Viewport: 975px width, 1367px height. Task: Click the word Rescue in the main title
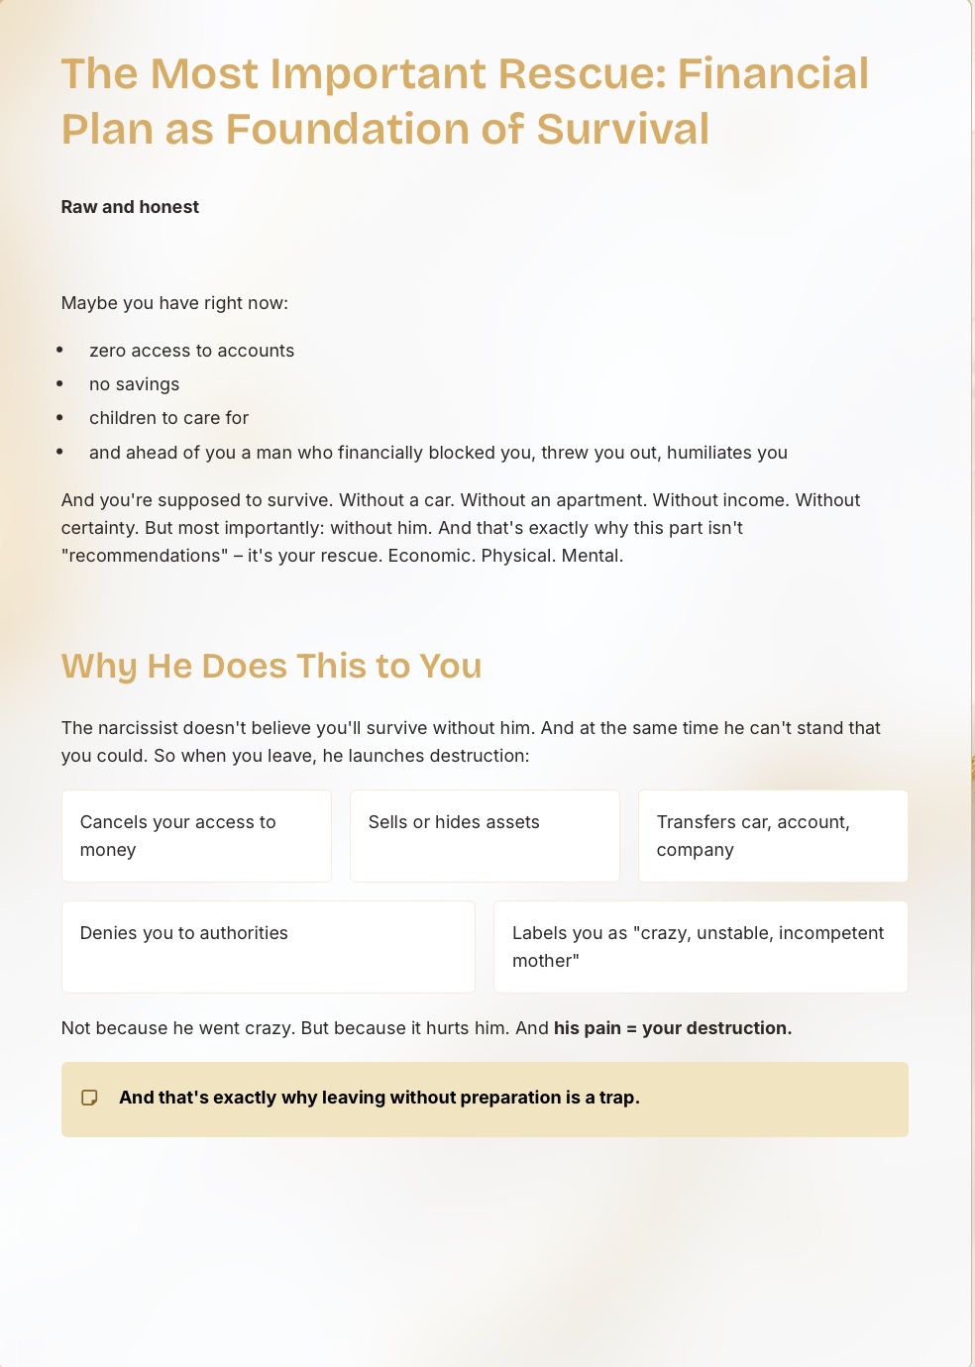pyautogui.click(x=580, y=74)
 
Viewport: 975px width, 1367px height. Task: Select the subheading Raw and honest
pyautogui.click(x=130, y=207)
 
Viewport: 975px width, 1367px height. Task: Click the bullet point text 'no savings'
pyautogui.click(x=134, y=384)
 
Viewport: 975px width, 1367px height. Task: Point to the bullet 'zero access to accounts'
pyautogui.click(x=191, y=351)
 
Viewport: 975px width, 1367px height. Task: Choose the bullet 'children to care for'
pyautogui.click(x=168, y=418)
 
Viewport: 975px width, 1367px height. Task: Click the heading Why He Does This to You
pyautogui.click(x=271, y=667)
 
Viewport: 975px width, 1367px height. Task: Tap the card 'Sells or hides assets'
pyautogui.click(x=485, y=835)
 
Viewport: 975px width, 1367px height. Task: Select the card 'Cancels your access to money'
pyautogui.click(x=196, y=835)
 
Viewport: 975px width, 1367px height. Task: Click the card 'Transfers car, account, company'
pyautogui.click(x=773, y=835)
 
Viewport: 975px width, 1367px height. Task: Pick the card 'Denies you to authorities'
pyautogui.click(x=268, y=946)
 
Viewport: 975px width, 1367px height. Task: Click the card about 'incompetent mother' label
pyautogui.click(x=701, y=946)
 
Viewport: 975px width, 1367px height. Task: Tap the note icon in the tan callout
pyautogui.click(x=89, y=1098)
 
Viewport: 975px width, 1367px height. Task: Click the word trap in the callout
pyautogui.click(x=617, y=1098)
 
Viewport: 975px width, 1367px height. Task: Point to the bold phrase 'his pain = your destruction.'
pyautogui.click(x=672, y=1028)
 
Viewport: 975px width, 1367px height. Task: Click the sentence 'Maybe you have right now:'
pyautogui.click(x=174, y=303)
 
